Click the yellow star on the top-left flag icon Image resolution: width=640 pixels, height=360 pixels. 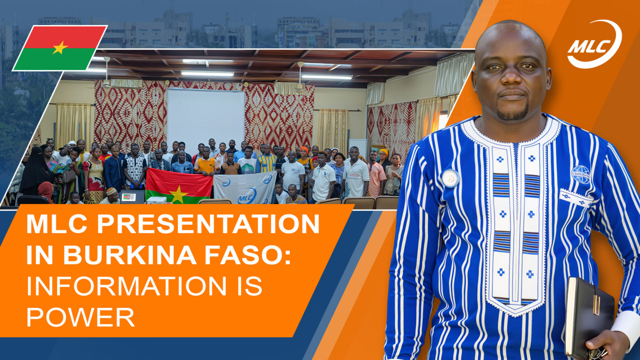tap(60, 47)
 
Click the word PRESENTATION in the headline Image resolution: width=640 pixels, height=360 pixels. tap(208, 224)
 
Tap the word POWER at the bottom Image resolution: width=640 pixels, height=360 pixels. tap(80, 316)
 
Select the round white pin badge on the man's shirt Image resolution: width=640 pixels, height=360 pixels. tap(450, 178)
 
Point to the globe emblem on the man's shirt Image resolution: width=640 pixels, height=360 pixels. tap(580, 174)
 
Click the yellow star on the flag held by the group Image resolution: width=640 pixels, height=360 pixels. tap(178, 194)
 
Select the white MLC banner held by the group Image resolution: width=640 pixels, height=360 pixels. tap(245, 187)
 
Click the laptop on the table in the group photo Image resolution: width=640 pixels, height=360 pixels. tap(132, 196)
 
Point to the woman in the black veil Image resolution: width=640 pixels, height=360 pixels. tap(35, 171)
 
